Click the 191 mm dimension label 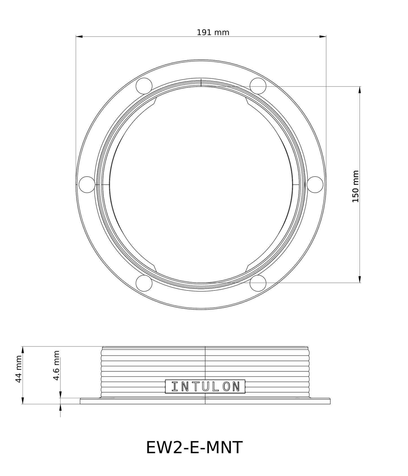[x=213, y=32]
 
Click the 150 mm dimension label [x=355, y=186]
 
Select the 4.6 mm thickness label [x=56, y=365]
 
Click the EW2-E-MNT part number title [x=194, y=447]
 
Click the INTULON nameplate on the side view [x=205, y=386]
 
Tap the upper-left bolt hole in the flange [x=144, y=86]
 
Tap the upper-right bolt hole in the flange [x=258, y=86]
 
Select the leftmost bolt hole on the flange [x=87, y=185]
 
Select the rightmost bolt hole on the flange [x=315, y=185]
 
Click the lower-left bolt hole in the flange [x=144, y=283]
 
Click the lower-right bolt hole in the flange [x=258, y=283]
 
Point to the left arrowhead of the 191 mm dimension [x=79, y=36]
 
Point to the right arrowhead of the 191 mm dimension [x=323, y=36]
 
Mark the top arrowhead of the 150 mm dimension [x=359, y=90]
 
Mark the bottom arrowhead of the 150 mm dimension [x=359, y=279]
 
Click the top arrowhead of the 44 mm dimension [x=23, y=350]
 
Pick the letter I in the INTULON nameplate [x=175, y=387]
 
